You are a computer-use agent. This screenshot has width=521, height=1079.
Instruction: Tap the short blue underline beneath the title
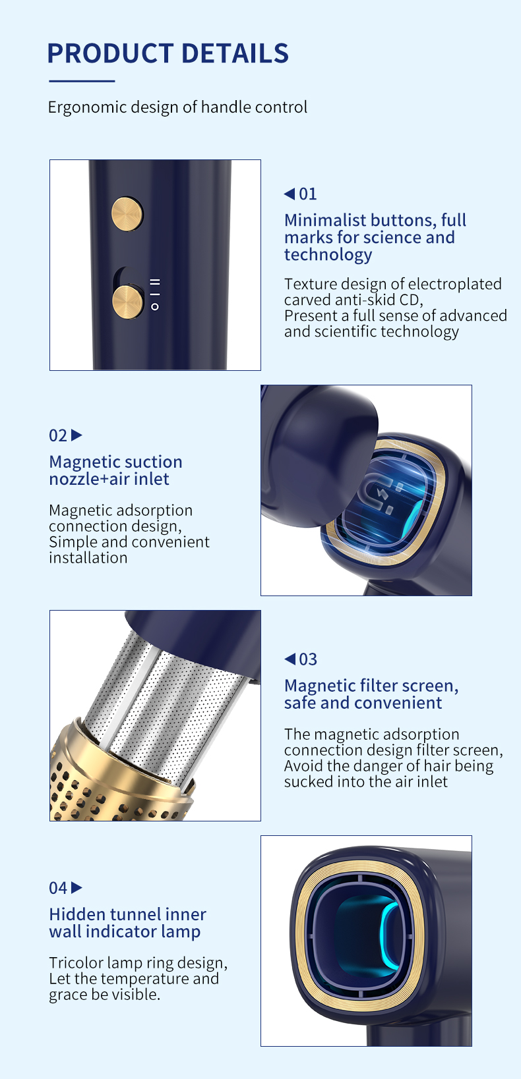coord(82,81)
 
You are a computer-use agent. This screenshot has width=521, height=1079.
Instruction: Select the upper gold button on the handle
coord(127,214)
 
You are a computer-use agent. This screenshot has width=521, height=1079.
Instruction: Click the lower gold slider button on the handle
coord(127,302)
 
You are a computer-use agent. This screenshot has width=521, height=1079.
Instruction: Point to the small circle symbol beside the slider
coord(155,307)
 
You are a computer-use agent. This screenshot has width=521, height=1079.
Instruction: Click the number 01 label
coord(308,194)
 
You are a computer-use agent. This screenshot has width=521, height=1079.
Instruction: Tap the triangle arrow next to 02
coord(77,435)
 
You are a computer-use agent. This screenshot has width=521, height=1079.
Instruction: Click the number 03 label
coord(308,659)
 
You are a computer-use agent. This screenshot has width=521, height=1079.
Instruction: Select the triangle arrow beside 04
coord(77,887)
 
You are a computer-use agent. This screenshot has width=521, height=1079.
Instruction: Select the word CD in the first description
coord(408,300)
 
